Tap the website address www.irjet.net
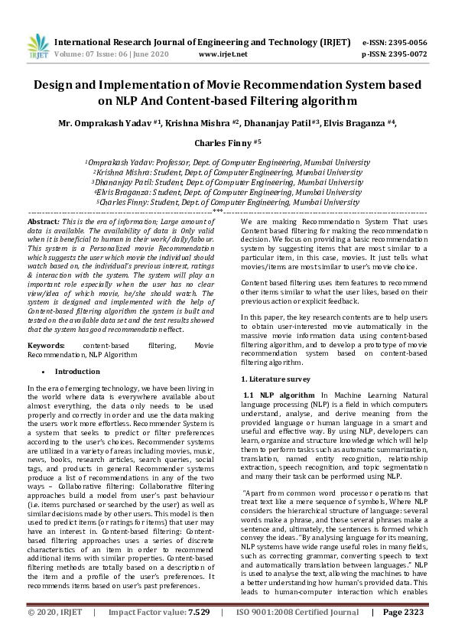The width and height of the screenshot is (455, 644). pos(223,54)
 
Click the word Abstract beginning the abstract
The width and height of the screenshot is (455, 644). pos(44,220)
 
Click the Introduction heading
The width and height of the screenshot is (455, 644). pos(78,371)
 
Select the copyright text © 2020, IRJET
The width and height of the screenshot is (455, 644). pos(56,633)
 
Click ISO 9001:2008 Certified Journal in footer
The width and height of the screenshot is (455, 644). pos(297,633)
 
